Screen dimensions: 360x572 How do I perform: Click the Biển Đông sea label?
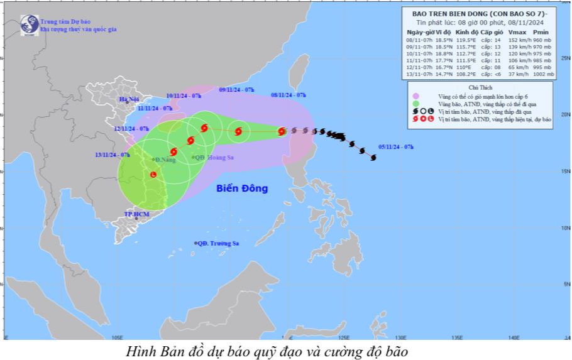[242, 188]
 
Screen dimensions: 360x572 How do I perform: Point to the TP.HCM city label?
[136, 214]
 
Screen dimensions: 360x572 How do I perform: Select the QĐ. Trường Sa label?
[217, 243]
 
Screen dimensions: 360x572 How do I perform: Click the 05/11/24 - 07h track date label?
[396, 146]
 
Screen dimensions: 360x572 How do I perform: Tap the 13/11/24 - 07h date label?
[112, 154]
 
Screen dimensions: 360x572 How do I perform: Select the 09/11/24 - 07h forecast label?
[236, 90]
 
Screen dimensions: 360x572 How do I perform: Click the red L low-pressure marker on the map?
[153, 173]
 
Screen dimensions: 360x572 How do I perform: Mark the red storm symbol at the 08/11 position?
[282, 131]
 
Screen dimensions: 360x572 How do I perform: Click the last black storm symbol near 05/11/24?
[373, 157]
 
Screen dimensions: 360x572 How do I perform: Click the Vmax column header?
[517, 31]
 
